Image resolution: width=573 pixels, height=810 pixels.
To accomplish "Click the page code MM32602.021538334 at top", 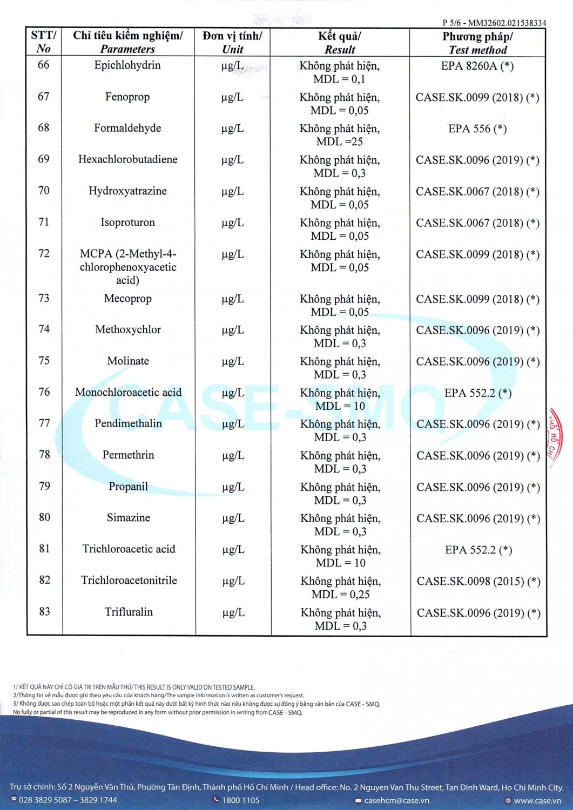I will pos(507,23).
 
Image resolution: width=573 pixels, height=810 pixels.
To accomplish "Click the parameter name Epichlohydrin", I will pos(127,65).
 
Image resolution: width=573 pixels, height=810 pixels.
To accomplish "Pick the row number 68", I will pos(44,128).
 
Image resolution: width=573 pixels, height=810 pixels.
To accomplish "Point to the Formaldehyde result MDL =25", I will pos(340,142).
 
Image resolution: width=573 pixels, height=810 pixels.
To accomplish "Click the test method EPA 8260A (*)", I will pos(477,66).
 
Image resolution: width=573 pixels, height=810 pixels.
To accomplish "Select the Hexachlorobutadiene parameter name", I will pos(127,159).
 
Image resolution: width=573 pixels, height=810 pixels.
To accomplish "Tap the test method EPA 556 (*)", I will pos(477,129).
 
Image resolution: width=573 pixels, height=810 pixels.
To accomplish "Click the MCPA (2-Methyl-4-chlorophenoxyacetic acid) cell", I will pos(128,267).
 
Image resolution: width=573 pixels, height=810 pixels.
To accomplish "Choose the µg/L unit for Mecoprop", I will pos(233,299).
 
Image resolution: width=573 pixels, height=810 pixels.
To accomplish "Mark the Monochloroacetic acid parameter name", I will pos(128,393).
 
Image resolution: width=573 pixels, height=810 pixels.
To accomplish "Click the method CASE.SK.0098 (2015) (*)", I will pos(478,582).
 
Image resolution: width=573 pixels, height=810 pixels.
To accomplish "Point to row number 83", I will pos(44,612).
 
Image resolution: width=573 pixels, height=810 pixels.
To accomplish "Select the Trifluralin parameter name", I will pos(129,612).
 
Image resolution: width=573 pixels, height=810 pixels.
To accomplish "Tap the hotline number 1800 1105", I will pos(240,800).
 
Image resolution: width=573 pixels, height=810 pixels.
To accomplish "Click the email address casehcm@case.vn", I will pos(396,800).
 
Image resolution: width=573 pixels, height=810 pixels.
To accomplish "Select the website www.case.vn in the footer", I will pos(537,801).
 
